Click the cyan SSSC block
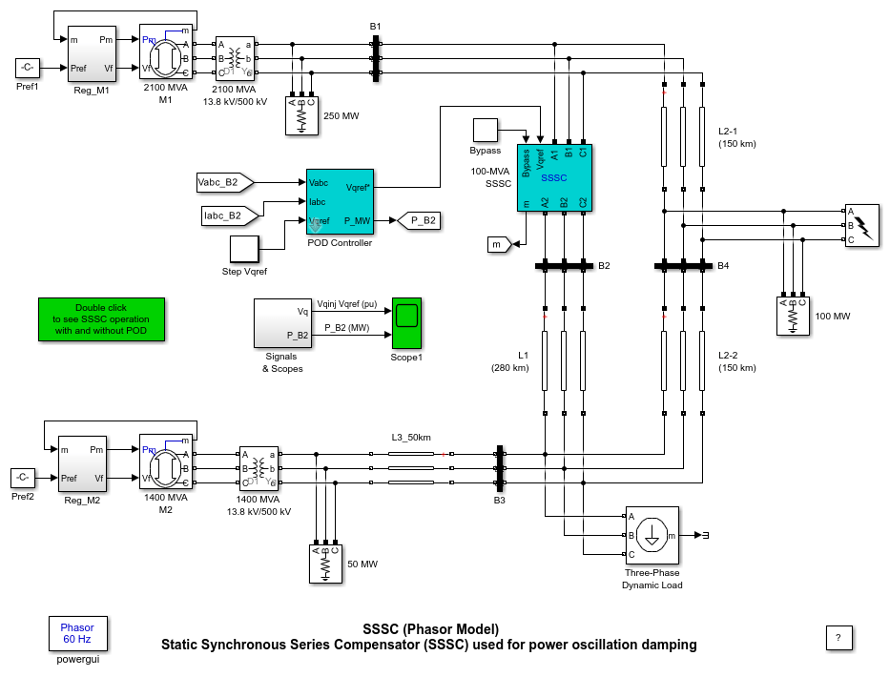tap(554, 177)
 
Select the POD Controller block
tap(341, 201)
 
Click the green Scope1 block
tap(407, 323)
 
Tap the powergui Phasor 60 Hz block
tap(77, 633)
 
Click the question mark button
tap(838, 637)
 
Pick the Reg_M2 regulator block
tap(81, 464)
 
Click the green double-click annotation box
tap(101, 318)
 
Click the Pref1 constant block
tap(27, 68)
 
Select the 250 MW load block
tap(301, 116)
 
